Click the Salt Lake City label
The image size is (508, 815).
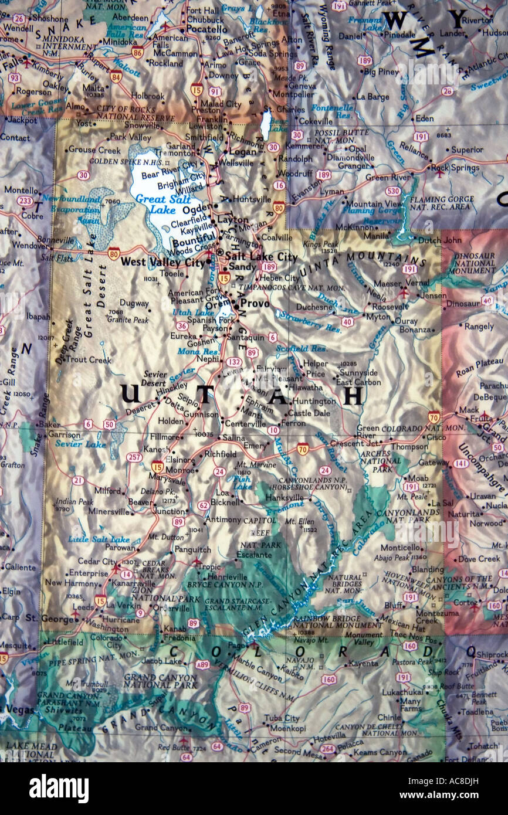point(262,257)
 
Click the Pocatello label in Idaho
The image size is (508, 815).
point(206,29)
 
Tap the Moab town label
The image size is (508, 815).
point(418,478)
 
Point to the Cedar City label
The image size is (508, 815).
point(97,561)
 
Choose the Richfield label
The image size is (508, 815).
point(220,454)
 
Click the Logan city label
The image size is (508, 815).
point(243,152)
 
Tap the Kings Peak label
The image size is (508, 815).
point(320,243)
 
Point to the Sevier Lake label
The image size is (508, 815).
point(80,444)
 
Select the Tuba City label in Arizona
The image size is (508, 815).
point(282,718)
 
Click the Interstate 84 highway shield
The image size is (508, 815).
point(116,76)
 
